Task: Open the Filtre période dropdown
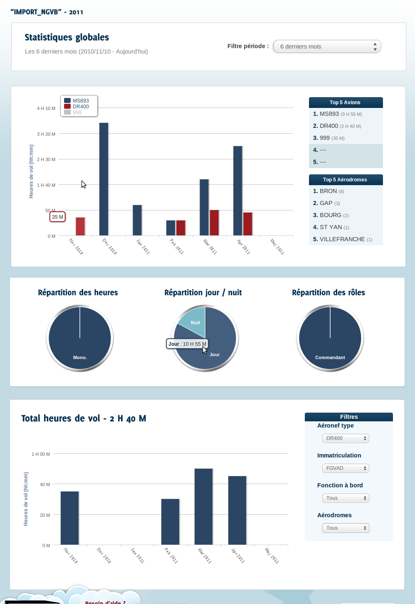(x=327, y=46)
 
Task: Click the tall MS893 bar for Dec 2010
(x=104, y=179)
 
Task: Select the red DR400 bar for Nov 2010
(x=80, y=226)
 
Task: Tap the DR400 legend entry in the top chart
(x=81, y=107)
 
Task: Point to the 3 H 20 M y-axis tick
(x=46, y=134)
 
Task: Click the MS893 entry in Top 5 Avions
(x=329, y=114)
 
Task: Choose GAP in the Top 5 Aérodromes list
(x=326, y=203)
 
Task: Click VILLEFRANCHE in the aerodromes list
(x=342, y=239)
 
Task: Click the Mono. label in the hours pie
(x=80, y=357)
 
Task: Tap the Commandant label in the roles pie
(x=330, y=357)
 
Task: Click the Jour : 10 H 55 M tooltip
(x=187, y=344)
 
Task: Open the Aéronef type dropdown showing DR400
(x=346, y=438)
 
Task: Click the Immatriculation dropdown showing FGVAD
(x=346, y=468)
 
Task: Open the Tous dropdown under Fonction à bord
(x=346, y=498)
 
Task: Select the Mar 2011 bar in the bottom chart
(x=204, y=506)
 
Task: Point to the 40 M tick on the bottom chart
(x=45, y=484)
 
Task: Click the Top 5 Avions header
(x=345, y=103)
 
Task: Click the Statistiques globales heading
(x=67, y=37)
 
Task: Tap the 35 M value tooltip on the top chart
(x=57, y=217)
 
